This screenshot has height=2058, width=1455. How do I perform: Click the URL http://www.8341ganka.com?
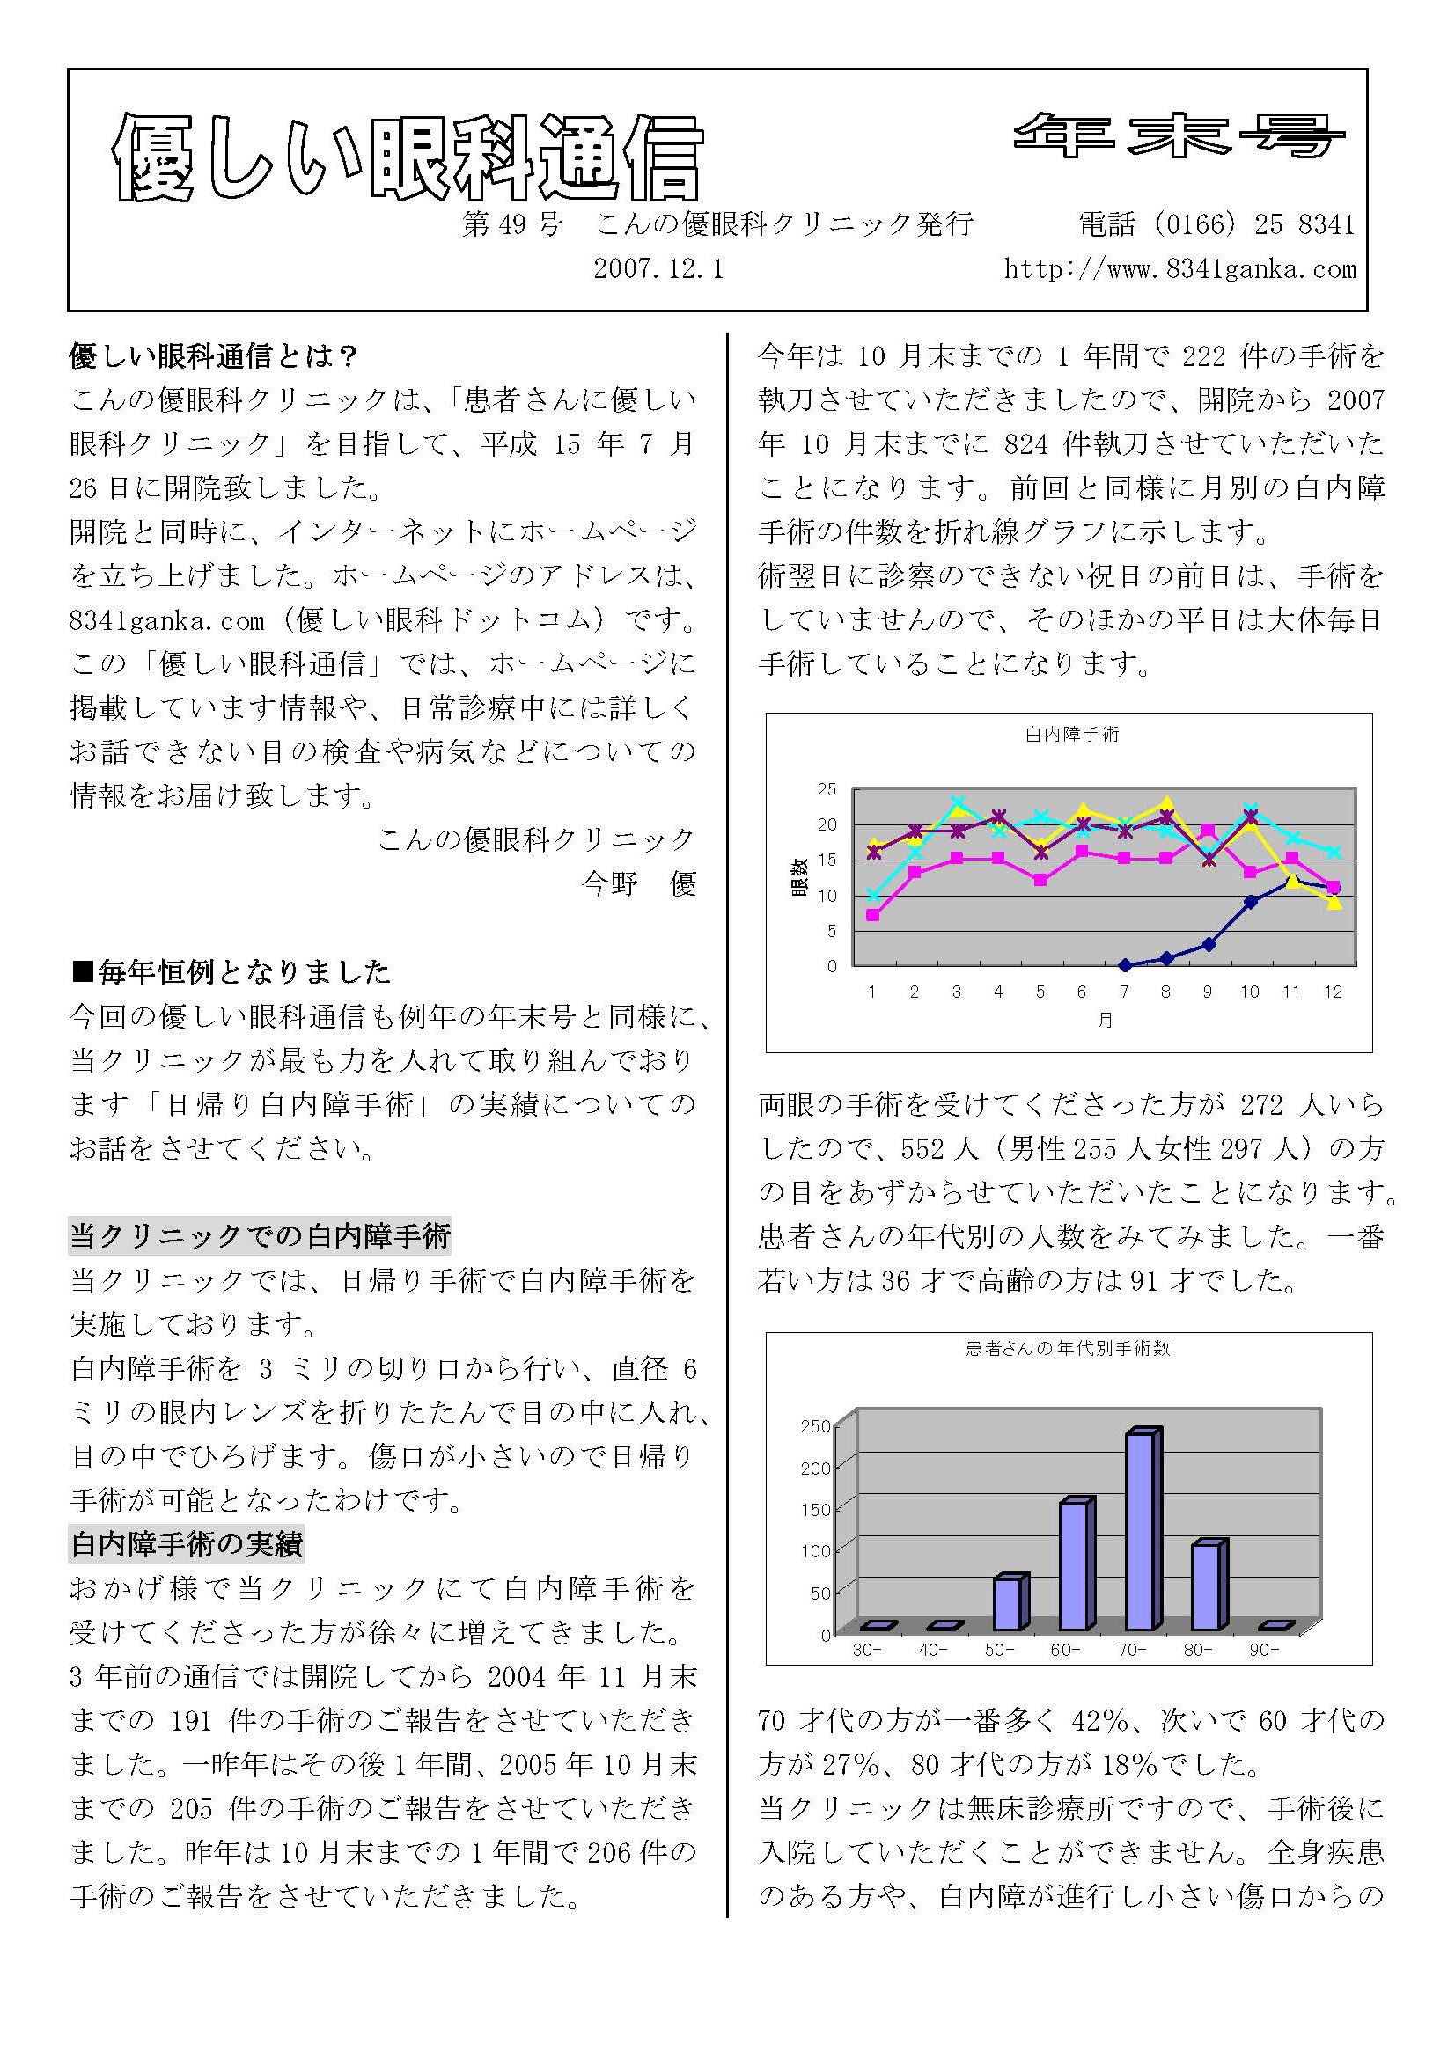coord(1179,269)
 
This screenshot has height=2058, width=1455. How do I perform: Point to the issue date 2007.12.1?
coord(658,269)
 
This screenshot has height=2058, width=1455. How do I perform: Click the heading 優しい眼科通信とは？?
coord(214,356)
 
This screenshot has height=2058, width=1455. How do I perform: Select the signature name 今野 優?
coord(639,883)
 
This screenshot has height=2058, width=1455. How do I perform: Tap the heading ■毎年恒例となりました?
coord(231,971)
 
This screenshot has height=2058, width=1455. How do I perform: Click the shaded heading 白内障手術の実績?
coord(187,1544)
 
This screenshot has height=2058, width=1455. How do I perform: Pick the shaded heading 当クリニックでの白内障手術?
coord(260,1237)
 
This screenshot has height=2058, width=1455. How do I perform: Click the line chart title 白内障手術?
coord(1072,735)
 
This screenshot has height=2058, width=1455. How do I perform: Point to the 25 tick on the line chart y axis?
coord(826,789)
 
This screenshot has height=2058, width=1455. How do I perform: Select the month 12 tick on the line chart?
coord(1333,992)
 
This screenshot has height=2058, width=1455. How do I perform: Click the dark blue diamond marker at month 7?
coord(1124,965)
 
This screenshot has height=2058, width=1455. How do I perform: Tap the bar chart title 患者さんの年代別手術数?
coord(1068,1349)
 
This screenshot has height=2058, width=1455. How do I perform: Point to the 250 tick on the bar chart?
coord(815,1427)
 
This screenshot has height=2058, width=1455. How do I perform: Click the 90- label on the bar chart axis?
coord(1264,1650)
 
